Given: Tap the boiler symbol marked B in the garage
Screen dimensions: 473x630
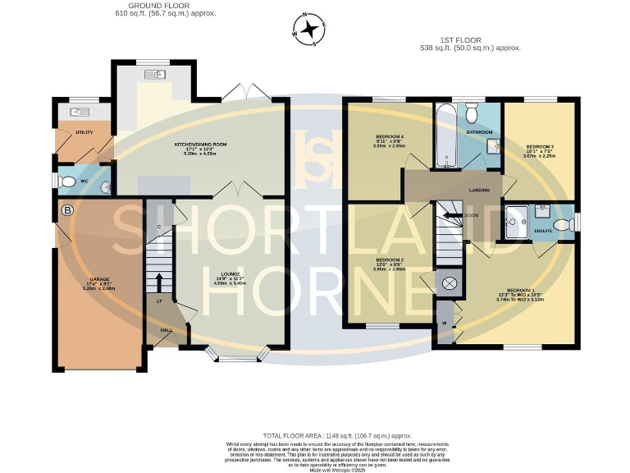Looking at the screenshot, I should [67, 211].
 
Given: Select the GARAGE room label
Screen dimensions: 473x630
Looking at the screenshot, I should [100, 279].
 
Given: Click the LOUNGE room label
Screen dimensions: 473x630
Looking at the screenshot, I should [231, 275].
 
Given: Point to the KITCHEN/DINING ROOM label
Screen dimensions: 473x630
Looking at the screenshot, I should [200, 144].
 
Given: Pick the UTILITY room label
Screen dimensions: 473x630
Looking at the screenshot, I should [84, 132].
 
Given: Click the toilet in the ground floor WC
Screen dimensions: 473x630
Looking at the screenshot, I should [68, 181].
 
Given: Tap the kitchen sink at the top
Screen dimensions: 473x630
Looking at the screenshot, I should [155, 76].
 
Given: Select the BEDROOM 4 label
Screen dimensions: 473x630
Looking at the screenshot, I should [390, 135].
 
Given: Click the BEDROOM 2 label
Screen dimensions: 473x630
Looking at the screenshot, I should [390, 259].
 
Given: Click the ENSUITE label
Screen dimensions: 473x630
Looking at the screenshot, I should [542, 232].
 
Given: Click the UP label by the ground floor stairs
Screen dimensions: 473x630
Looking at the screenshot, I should [159, 301].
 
